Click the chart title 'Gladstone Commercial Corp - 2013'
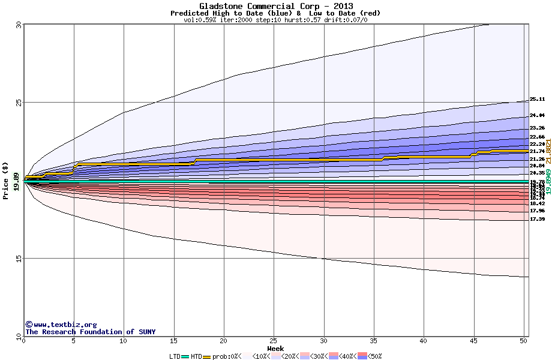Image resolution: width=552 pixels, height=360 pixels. (276, 6)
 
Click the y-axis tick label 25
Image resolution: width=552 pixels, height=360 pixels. (18, 103)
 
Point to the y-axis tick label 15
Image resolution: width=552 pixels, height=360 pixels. (18, 259)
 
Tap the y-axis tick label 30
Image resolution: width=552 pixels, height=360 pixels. (18, 25)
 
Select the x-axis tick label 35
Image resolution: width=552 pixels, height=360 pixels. (374, 341)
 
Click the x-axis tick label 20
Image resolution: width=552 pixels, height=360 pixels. (224, 341)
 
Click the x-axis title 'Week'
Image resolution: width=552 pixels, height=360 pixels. (275, 348)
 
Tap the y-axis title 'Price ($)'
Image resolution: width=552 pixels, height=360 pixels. (6, 180)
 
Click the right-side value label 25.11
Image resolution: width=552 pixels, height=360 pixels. (537, 100)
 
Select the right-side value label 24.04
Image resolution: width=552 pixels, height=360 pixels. (537, 115)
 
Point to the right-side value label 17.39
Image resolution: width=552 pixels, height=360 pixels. (537, 219)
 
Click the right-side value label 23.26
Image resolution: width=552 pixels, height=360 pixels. (537, 128)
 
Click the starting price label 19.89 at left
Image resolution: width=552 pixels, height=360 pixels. (16, 180)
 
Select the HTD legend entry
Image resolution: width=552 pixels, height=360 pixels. (196, 356)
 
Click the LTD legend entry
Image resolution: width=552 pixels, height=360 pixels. (175, 356)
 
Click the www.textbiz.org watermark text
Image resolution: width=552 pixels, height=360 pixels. (61, 325)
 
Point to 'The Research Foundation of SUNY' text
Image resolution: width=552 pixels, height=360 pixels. (90, 332)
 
